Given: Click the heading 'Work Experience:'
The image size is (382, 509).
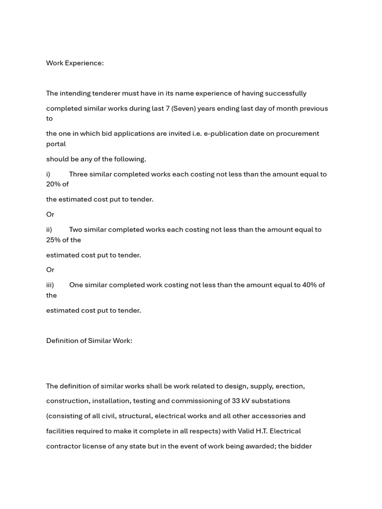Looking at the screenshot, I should tap(75, 63).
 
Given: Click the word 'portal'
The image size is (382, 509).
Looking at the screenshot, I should tap(56, 144).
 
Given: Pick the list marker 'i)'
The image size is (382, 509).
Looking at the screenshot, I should tap(48, 174).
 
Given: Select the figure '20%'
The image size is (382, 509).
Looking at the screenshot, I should tap(53, 184).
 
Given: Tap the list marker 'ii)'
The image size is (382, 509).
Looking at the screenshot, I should tap(49, 230).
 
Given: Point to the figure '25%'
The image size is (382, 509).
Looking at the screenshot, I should tap(53, 240).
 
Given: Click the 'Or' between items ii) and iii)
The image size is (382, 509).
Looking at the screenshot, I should tap(50, 270).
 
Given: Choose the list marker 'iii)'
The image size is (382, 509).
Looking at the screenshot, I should tap(50, 285).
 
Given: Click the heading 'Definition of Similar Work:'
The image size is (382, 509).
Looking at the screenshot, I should tap(89, 341).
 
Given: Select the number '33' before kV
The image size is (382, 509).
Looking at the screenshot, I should tap(237, 401).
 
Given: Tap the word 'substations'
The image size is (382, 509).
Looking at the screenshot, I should tap(272, 401).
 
